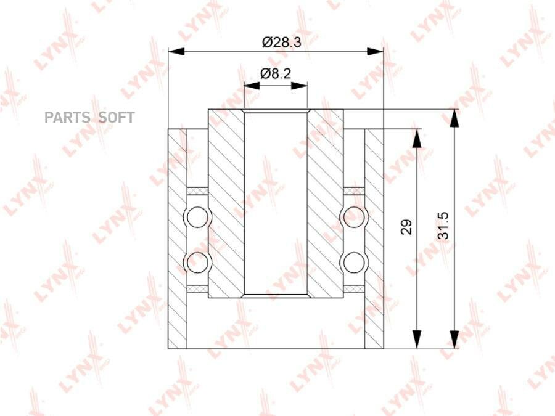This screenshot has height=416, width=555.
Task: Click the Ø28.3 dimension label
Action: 281,42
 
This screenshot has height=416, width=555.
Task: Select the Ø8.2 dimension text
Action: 276,73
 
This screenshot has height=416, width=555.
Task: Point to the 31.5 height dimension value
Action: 443,226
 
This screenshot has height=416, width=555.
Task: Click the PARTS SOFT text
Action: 89,118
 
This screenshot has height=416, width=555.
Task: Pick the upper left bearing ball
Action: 197,217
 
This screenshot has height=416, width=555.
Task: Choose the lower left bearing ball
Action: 197,263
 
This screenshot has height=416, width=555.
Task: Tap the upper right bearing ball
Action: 354,217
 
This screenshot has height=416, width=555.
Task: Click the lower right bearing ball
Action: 354,263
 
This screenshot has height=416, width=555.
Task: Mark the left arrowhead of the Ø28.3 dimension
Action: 176,51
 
